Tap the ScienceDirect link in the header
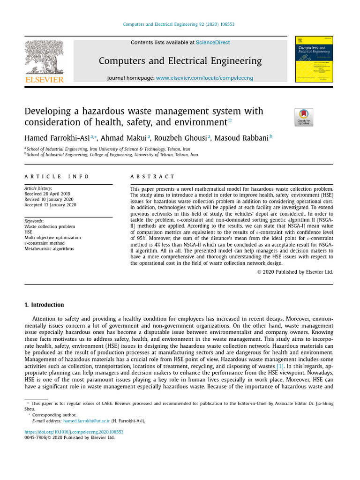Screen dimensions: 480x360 (x=213, y=43)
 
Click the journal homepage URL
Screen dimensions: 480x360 (x=204, y=78)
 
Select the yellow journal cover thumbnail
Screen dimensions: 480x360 (x=314, y=59)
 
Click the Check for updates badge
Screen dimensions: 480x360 (x=304, y=117)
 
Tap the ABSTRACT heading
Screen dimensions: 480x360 (x=152, y=177)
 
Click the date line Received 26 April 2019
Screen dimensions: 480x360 (x=47, y=194)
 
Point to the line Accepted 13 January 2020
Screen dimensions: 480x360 (x=50, y=205)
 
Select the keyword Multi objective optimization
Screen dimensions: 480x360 (x=52, y=238)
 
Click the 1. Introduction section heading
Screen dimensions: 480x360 (x=44, y=305)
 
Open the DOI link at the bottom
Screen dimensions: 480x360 (x=74, y=432)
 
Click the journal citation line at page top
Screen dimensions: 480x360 (x=178, y=24)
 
